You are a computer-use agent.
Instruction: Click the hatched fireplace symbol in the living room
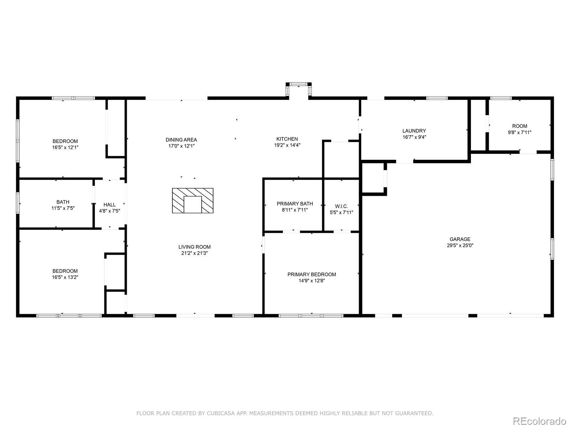click(193, 200)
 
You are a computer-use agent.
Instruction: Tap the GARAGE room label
click(460, 239)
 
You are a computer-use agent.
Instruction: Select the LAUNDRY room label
click(414, 131)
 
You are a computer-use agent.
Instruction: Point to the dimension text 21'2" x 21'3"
click(194, 253)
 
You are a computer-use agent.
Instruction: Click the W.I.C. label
click(341, 206)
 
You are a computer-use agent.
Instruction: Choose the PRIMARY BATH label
click(295, 204)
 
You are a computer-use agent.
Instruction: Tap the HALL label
click(109, 204)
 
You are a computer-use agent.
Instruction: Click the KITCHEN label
click(287, 139)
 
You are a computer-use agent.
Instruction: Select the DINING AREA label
click(181, 140)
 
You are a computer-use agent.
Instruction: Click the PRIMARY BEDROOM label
click(312, 274)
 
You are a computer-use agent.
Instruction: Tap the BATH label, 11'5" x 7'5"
click(63, 202)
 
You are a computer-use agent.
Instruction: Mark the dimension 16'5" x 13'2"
click(65, 277)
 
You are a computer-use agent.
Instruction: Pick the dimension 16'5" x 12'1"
click(65, 147)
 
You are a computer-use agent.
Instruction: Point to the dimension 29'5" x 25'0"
click(460, 245)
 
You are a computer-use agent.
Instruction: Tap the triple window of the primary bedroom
click(311, 316)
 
